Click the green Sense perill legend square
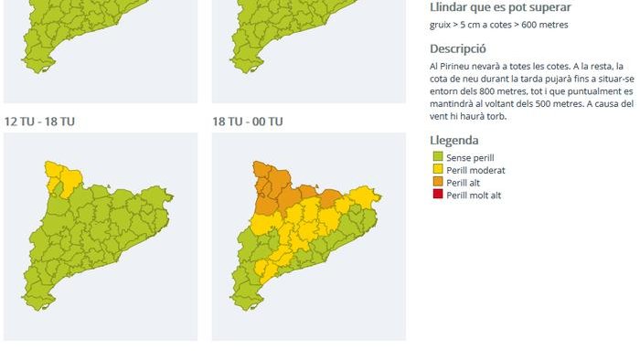(x=437, y=158)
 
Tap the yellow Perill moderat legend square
(x=437, y=170)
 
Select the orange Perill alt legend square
(x=437, y=183)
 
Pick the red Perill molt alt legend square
(x=437, y=196)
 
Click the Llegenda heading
(x=453, y=141)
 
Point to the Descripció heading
(x=457, y=48)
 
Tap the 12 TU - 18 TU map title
(x=39, y=122)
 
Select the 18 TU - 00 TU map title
(x=247, y=122)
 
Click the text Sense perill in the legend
(x=470, y=158)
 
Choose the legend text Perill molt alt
(x=474, y=196)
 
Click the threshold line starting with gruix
(x=498, y=25)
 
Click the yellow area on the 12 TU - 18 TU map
(x=54, y=174)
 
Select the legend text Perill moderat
(x=475, y=170)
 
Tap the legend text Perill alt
(x=464, y=183)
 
